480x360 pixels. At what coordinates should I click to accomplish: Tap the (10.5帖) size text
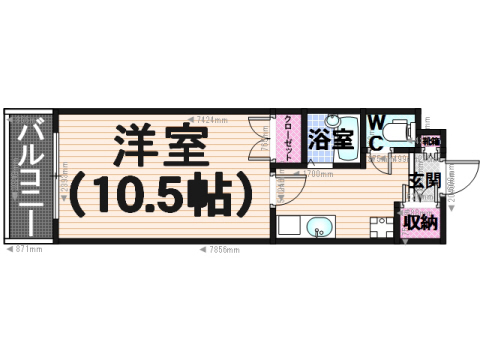[x=160, y=196]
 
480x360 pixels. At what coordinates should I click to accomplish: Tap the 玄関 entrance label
[x=424, y=182]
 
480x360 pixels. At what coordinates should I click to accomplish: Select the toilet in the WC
[x=394, y=128]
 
